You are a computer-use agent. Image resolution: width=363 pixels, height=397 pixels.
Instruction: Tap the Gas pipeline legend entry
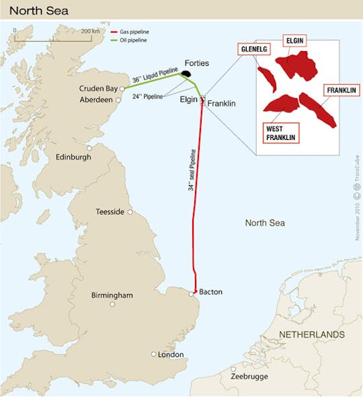coord(134,32)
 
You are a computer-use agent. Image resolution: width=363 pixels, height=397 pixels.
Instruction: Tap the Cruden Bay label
coord(98,88)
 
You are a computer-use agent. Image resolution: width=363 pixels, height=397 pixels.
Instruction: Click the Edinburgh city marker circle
coord(89,148)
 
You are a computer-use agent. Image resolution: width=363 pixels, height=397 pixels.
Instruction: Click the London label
coord(170,354)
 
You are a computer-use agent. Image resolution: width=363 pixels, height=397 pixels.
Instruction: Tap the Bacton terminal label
coord(211,292)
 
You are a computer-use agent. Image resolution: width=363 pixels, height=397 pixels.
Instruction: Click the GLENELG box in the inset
coord(254,49)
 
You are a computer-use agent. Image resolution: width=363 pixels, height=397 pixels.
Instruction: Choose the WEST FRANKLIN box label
coord(280,133)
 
